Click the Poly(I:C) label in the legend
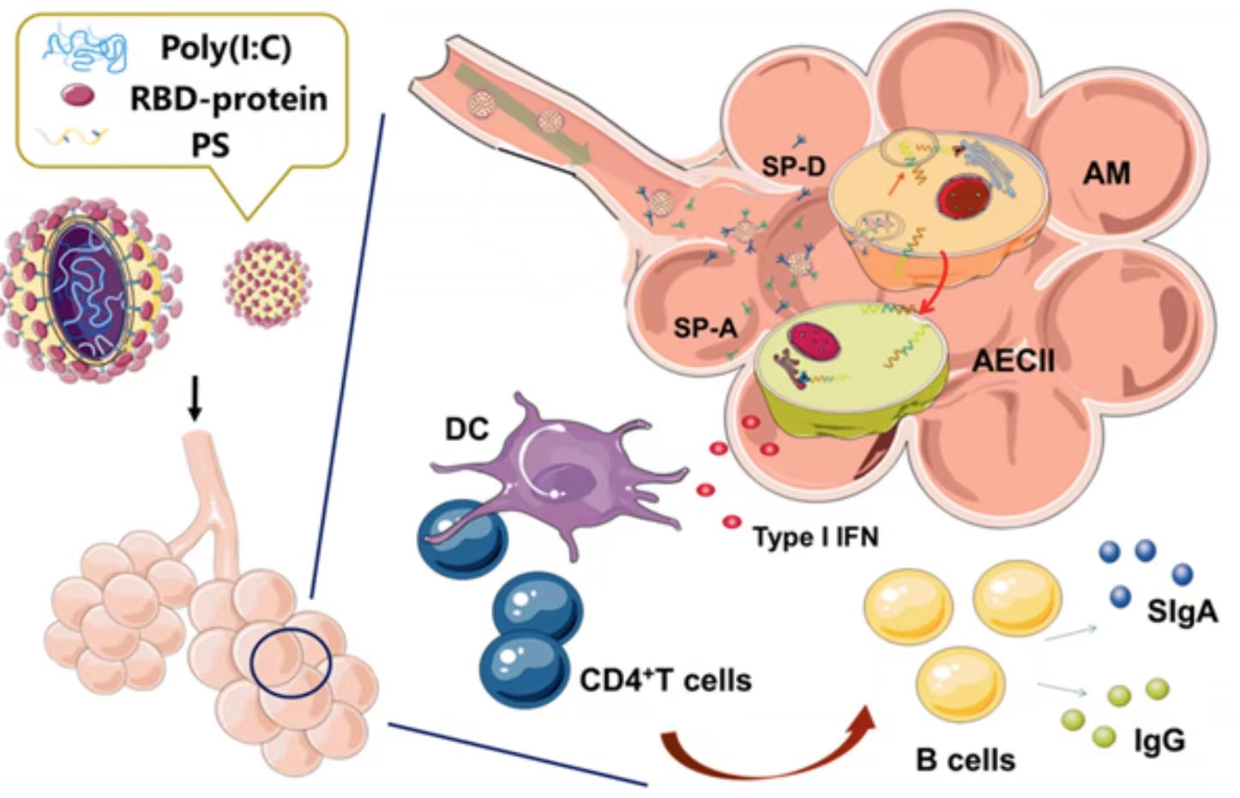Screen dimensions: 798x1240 pos(226,48)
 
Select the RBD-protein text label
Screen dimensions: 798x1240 pos(228,99)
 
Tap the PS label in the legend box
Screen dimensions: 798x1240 pos(210,144)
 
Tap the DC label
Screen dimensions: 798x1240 pos(467,429)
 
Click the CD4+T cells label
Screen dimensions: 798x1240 pos(665,680)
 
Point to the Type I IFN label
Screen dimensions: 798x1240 pos(816,537)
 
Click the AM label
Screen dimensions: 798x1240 pos(1106,174)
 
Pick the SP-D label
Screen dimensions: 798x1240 pos(793,166)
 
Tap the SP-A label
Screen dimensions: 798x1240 pos(705,327)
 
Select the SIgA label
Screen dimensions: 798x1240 pos(1182,612)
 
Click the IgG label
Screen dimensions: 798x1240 pos(1159,740)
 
